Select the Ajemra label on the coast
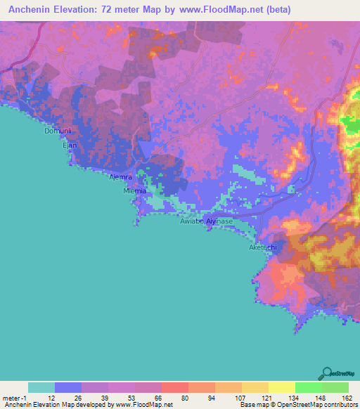point(120,177)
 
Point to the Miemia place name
point(134,190)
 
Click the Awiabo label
point(192,221)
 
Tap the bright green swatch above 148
point(309,387)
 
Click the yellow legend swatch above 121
point(255,387)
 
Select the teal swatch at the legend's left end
point(41,387)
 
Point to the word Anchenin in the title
point(35,10)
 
